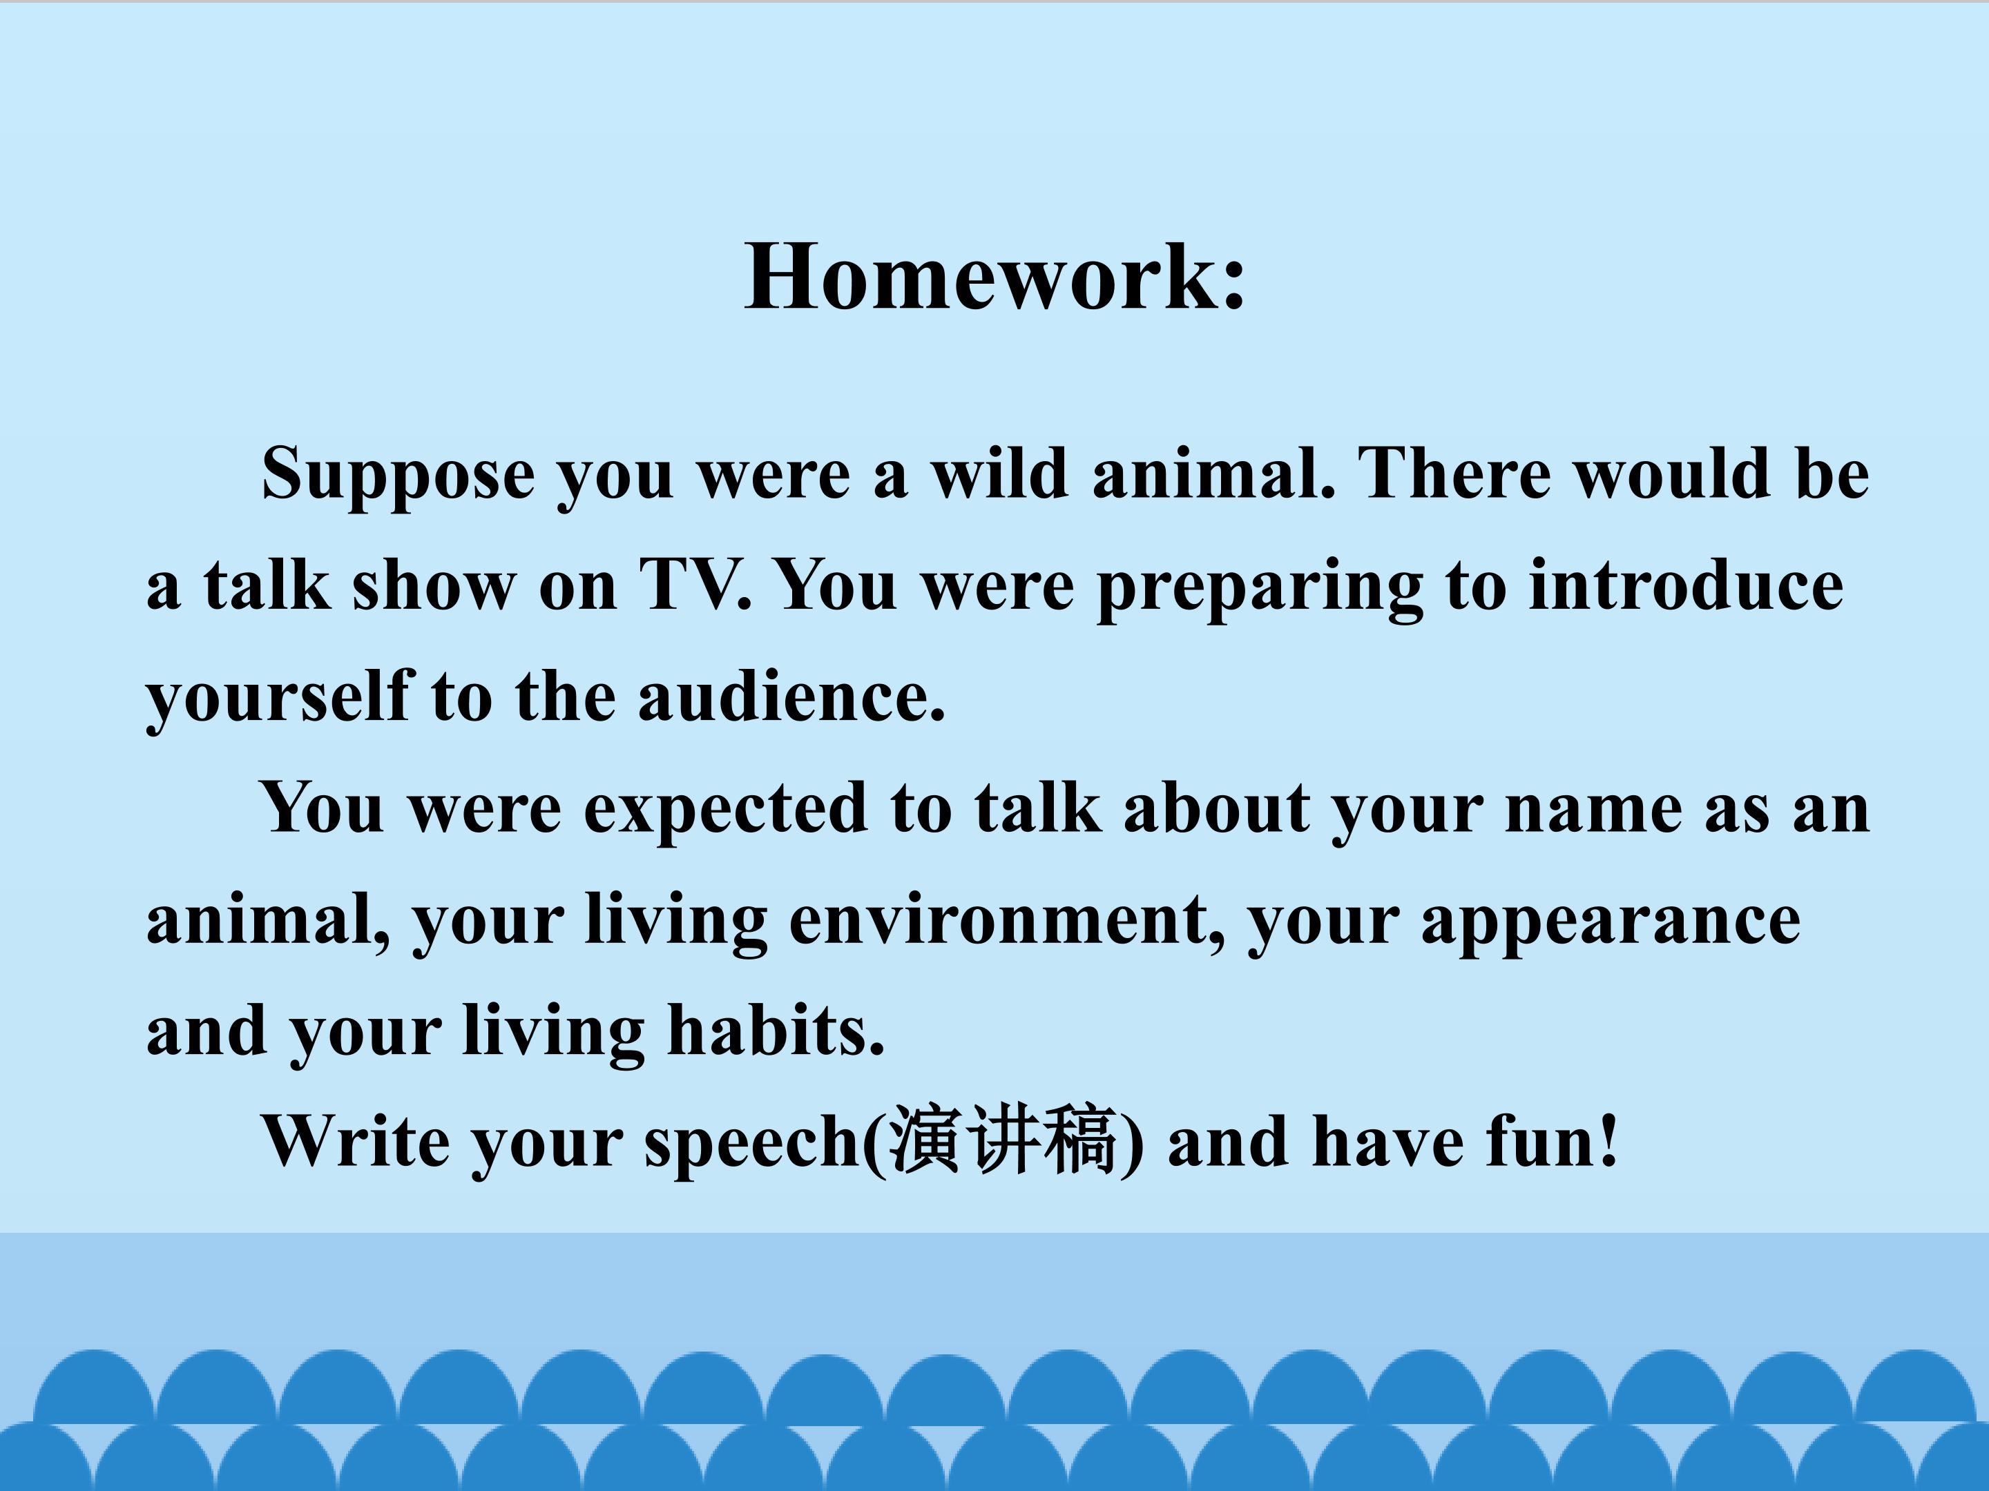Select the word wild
point(1000,473)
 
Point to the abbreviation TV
point(694,584)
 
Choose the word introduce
point(1686,584)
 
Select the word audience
point(791,696)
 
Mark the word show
point(434,584)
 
